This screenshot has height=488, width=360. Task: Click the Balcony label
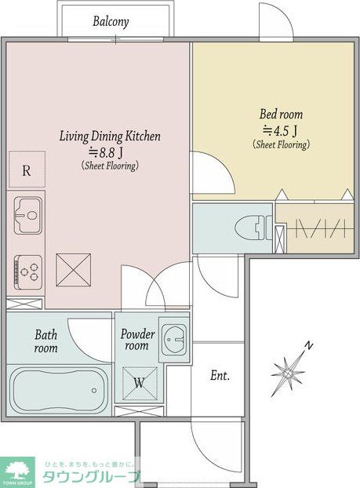(111, 22)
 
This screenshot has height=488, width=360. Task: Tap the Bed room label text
(282, 115)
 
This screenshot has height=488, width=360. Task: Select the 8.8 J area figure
(106, 152)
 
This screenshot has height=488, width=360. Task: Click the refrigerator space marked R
(27, 169)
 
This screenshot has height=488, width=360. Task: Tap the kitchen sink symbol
(27, 216)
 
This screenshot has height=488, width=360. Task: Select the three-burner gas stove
(27, 272)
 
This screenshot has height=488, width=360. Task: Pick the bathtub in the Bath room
(59, 390)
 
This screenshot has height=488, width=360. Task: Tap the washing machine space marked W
(140, 384)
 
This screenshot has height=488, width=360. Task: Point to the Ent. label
(220, 376)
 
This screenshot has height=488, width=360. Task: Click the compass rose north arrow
(288, 373)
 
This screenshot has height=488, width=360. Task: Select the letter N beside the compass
(309, 345)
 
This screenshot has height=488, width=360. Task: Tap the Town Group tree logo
(17, 471)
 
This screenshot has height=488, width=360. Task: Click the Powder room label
(137, 340)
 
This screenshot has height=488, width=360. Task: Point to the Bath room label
(46, 341)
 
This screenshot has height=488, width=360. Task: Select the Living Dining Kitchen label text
(110, 137)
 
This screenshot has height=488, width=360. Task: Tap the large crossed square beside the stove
(74, 270)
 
